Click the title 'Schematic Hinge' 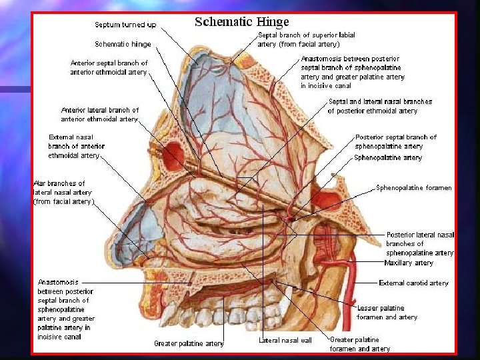(x=241, y=21)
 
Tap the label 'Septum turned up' (x=125, y=25)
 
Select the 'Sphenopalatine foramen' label (x=413, y=188)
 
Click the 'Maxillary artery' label (x=409, y=263)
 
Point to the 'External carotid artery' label (x=413, y=283)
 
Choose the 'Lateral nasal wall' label (x=285, y=341)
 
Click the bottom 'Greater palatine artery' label (x=189, y=344)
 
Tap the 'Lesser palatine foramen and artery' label (x=387, y=313)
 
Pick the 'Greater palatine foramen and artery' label (x=360, y=344)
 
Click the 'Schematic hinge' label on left (x=123, y=44)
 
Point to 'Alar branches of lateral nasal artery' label (x=64, y=192)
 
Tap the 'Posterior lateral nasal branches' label (x=420, y=244)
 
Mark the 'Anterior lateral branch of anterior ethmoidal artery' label (x=99, y=115)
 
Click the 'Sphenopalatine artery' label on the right (x=388, y=158)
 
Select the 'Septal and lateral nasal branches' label (x=380, y=106)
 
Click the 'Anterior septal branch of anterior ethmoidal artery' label (x=109, y=67)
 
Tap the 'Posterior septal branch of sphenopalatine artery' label (x=395, y=141)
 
